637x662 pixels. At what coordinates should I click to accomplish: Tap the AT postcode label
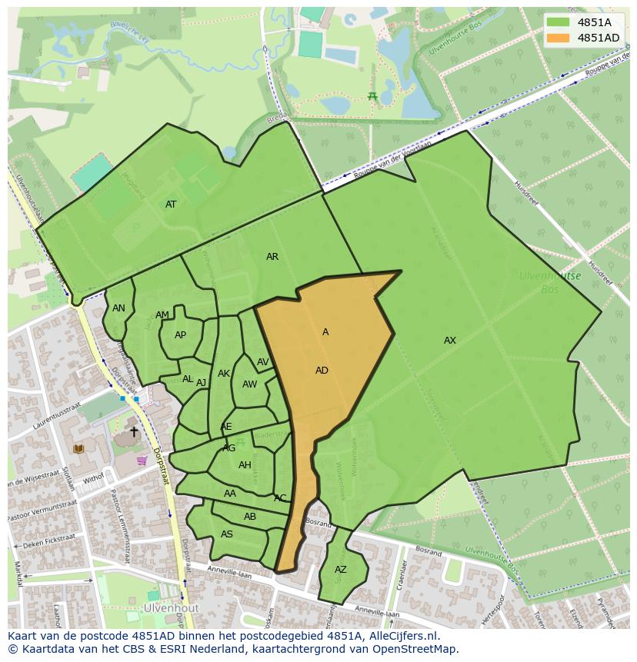click(x=171, y=205)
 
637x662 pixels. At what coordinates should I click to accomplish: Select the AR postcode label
click(x=272, y=257)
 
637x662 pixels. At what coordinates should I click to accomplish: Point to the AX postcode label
click(x=450, y=341)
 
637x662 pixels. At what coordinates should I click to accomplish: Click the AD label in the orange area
click(x=322, y=371)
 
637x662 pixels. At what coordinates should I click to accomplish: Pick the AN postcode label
click(x=118, y=308)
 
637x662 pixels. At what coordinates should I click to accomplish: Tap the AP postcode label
click(x=180, y=335)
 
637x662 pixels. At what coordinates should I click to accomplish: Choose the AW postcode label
click(x=249, y=384)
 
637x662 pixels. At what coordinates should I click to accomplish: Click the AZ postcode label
click(x=341, y=570)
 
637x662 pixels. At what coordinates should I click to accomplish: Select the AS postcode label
click(x=227, y=534)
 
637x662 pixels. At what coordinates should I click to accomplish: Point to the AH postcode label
click(x=245, y=465)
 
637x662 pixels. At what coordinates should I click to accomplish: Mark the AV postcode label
click(x=263, y=362)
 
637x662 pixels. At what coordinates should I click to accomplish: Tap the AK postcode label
click(x=224, y=374)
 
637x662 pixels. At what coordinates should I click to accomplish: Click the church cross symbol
click(x=134, y=432)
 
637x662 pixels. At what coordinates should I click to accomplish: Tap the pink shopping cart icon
click(x=142, y=461)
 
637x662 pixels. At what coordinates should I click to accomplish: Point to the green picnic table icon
click(x=372, y=96)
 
